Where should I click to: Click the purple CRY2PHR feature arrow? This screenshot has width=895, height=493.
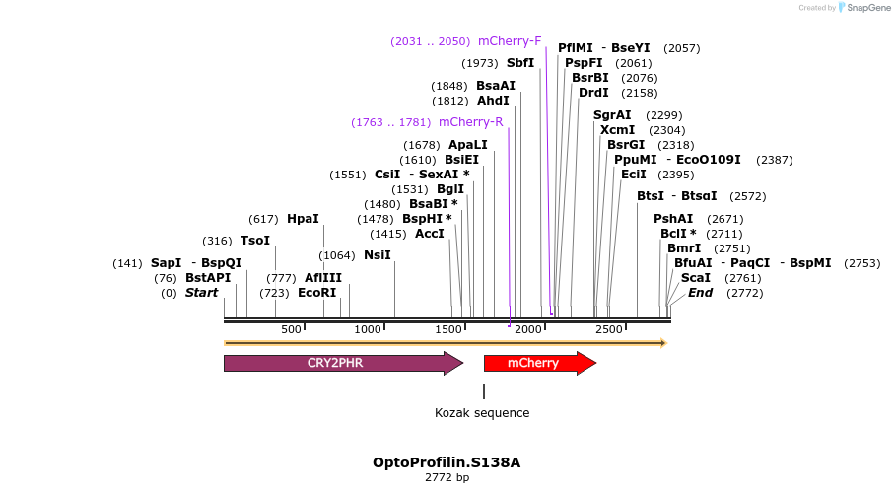tap(335, 363)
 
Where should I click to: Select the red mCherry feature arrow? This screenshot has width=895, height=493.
tap(533, 363)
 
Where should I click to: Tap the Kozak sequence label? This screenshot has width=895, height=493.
tap(482, 413)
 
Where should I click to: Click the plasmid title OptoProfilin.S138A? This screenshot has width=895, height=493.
tap(447, 462)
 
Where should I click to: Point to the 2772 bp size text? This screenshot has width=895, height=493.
tap(447, 478)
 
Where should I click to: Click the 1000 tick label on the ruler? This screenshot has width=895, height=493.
tap(368, 329)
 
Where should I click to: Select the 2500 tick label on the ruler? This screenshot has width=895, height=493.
tap(609, 329)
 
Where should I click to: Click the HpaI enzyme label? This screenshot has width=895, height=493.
tap(303, 219)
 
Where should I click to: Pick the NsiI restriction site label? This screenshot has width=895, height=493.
tap(378, 255)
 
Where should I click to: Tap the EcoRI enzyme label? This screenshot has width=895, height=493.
tap(316, 293)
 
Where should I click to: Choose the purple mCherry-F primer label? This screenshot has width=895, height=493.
tap(510, 41)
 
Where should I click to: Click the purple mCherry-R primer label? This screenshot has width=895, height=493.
tap(470, 122)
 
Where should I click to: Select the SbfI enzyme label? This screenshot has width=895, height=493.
tap(520, 63)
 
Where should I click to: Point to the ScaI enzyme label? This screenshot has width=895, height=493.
tap(695, 278)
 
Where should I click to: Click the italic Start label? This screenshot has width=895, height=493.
tap(201, 293)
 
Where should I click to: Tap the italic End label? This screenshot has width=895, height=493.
tap(700, 293)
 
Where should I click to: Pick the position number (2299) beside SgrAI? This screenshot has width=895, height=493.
tap(663, 115)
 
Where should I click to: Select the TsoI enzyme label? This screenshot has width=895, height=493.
tap(255, 241)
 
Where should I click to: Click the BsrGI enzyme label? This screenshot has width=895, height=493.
tap(626, 145)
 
